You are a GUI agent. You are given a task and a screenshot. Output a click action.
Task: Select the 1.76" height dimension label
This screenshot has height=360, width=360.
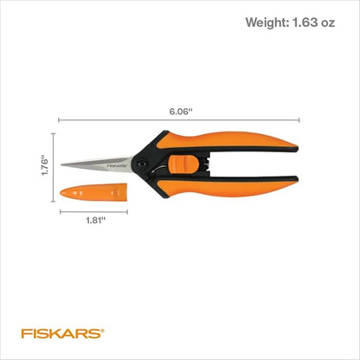click(x=43, y=164)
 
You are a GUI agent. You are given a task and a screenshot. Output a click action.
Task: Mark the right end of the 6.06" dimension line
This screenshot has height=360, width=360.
click(x=300, y=120)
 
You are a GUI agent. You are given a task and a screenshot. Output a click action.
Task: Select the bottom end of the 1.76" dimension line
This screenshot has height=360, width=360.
click(x=54, y=196)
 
